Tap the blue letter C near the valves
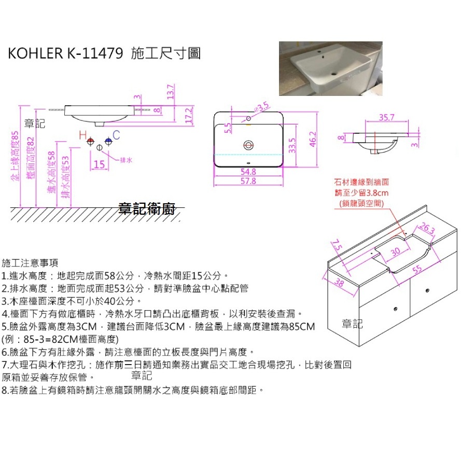click(x=116, y=135)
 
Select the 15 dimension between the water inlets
click(x=100, y=164)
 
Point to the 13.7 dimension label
click(x=170, y=93)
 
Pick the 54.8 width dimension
click(x=248, y=171)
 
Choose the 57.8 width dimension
click(x=249, y=181)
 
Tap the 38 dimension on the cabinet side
click(x=339, y=283)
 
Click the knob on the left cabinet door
click(x=396, y=309)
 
